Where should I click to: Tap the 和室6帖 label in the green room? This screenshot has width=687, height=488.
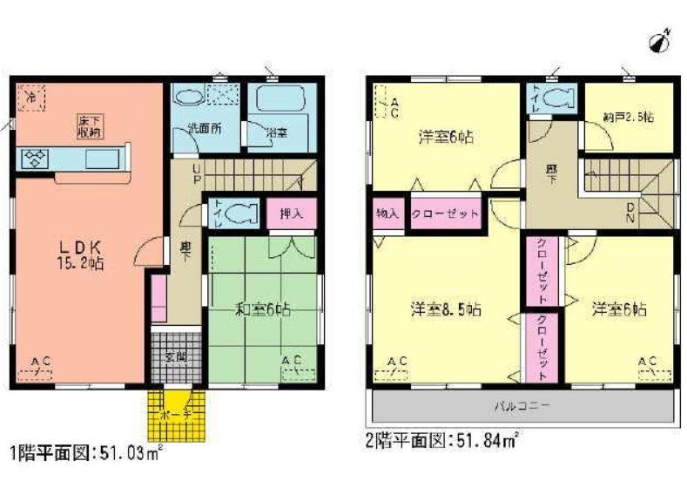[262, 309]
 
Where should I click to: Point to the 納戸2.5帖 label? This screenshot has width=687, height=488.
[627, 116]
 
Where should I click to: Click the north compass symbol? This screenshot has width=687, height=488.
[660, 40]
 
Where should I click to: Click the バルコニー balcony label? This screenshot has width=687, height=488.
[522, 406]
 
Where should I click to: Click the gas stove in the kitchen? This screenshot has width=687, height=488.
[36, 158]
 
